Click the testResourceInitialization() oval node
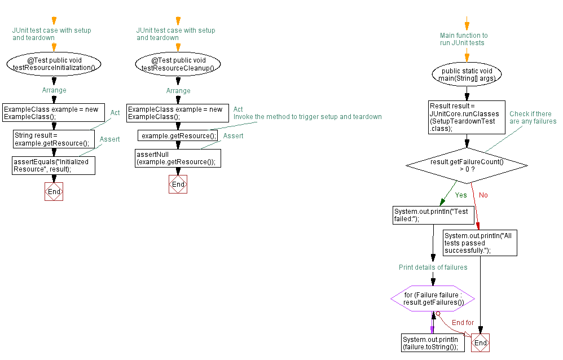(x=54, y=64)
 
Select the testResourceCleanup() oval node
(x=178, y=64)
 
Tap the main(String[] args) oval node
(x=467, y=74)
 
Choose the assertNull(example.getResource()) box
(x=177, y=158)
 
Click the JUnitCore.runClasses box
(x=467, y=117)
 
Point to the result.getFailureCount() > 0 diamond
(x=467, y=165)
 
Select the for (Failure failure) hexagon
(x=433, y=298)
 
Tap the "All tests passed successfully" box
(x=480, y=243)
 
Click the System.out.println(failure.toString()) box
(x=433, y=343)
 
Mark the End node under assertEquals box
(x=54, y=192)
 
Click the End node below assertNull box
(x=178, y=185)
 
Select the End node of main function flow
(x=480, y=343)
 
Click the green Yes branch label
(x=461, y=195)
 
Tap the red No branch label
(x=483, y=195)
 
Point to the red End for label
(x=463, y=323)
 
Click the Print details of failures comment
(x=433, y=267)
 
